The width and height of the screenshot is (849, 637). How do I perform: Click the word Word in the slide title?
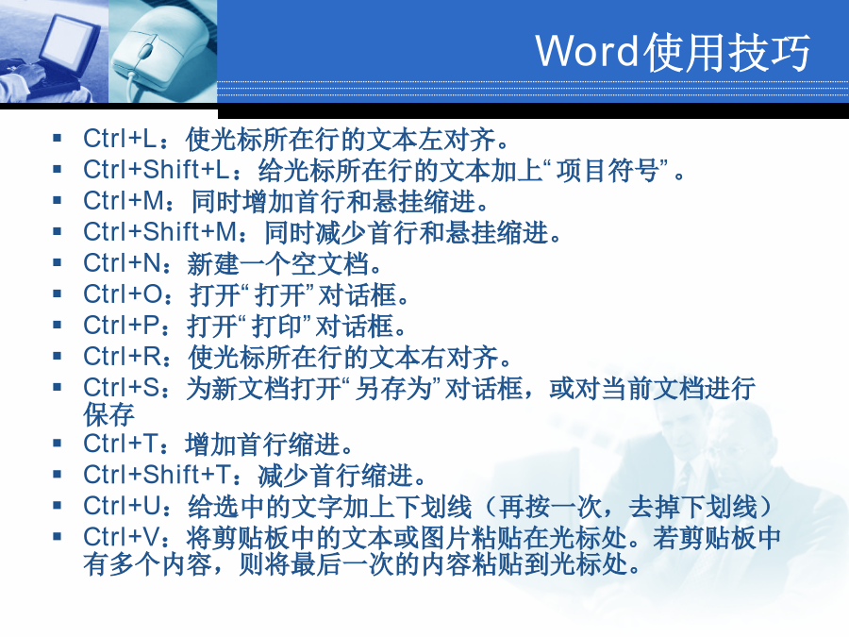588,51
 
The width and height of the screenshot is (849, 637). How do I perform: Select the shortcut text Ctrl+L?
120,139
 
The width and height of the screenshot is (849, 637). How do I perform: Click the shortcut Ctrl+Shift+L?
157,170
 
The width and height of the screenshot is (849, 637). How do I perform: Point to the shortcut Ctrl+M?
124,201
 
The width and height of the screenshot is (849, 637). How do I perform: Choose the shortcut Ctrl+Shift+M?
160,232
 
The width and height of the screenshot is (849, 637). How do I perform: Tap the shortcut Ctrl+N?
122,263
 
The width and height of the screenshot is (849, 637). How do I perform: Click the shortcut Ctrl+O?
123,294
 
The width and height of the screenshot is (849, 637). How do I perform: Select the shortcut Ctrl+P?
122,326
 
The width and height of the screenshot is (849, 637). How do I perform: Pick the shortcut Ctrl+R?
122,357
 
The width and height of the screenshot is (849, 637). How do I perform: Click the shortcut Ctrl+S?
122,388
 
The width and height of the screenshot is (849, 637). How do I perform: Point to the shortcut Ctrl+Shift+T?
158,475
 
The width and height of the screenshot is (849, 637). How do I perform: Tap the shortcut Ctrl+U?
123,506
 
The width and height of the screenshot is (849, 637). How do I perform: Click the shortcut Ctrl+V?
122,537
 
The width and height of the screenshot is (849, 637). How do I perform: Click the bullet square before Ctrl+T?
58,444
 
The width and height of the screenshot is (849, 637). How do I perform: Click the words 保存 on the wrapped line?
108,415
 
